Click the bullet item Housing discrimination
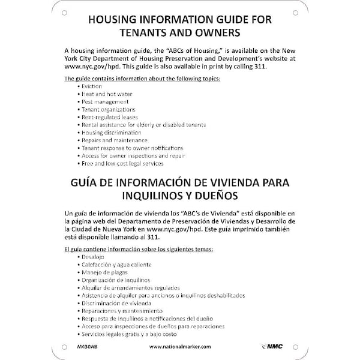[112, 133]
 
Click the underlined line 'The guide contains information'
[133, 79]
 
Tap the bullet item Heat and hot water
[107, 94]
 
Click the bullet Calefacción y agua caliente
[117, 265]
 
